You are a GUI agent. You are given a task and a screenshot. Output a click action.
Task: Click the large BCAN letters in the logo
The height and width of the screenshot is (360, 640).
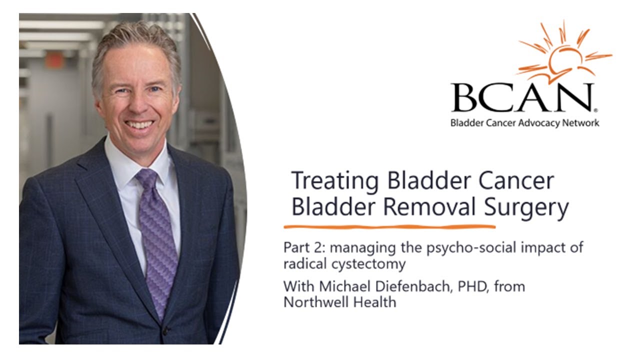(x=522, y=97)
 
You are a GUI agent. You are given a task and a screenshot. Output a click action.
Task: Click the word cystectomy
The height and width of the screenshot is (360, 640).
(x=366, y=263)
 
